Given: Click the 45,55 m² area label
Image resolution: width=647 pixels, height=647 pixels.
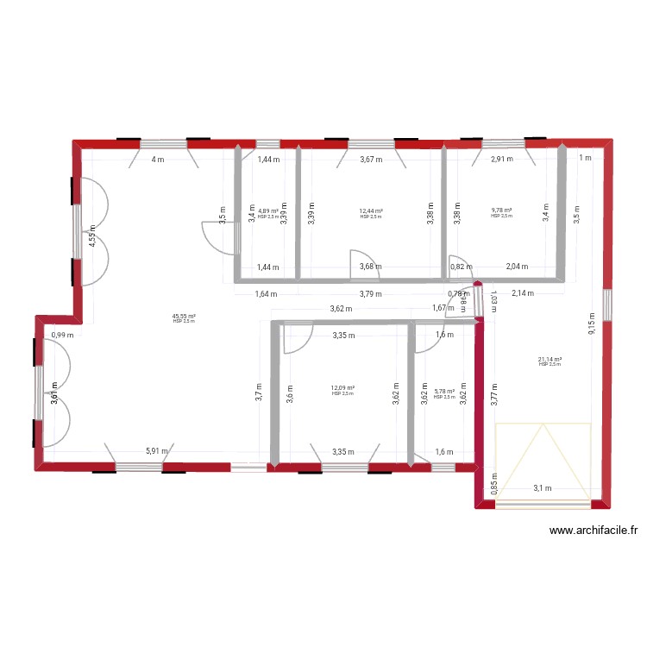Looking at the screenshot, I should (184, 317).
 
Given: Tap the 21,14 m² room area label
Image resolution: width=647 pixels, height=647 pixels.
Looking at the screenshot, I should (550, 360).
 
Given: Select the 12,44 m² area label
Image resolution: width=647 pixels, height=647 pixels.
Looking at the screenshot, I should (371, 211).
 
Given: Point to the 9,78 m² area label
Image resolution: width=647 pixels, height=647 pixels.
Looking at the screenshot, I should (501, 211).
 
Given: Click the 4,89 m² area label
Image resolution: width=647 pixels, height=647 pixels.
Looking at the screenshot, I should (268, 211).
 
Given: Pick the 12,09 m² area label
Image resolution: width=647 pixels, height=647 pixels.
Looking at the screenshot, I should (342, 388).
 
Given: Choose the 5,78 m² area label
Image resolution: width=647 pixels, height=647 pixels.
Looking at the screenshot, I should (444, 392).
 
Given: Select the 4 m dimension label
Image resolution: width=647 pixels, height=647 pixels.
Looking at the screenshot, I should (157, 160).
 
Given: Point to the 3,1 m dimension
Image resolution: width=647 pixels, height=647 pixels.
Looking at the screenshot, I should (543, 487).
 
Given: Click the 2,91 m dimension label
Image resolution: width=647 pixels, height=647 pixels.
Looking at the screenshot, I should (502, 159).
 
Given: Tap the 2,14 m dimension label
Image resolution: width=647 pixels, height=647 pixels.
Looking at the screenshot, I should (523, 293).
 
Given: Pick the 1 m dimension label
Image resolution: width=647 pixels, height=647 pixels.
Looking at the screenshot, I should (586, 157).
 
